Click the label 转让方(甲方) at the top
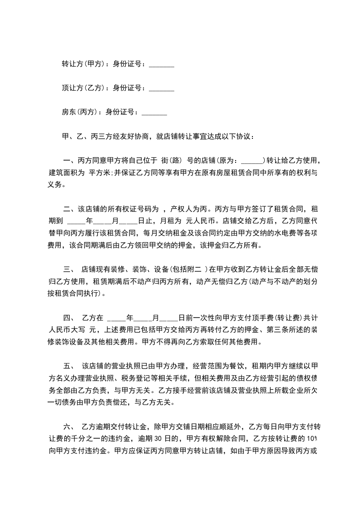click(x=83, y=64)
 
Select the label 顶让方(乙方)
click(x=83, y=88)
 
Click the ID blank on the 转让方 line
click(x=161, y=65)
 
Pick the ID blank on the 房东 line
click(x=154, y=113)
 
